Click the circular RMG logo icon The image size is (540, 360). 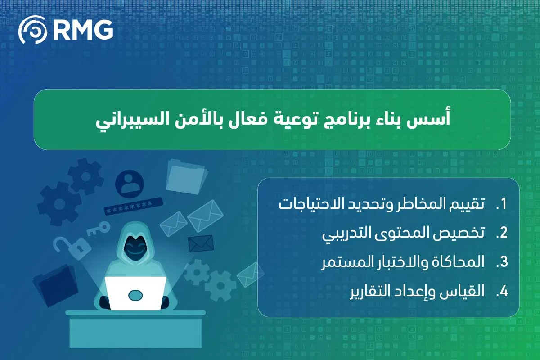(x=33, y=30)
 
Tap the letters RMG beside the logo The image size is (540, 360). (x=83, y=30)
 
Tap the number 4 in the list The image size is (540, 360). (x=502, y=291)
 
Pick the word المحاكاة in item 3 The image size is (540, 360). (x=456, y=262)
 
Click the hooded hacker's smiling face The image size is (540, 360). (x=135, y=248)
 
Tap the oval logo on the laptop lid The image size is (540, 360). (x=135, y=295)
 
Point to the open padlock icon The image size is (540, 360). (x=72, y=248)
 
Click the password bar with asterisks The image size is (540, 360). (x=133, y=206)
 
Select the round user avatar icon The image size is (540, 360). (x=130, y=184)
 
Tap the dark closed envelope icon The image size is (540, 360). (x=201, y=243)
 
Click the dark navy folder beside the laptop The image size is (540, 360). (x=56, y=286)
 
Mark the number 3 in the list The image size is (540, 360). (x=502, y=262)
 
